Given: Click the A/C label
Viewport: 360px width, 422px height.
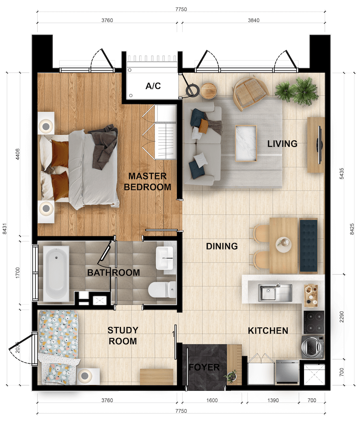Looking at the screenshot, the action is click(x=153, y=86).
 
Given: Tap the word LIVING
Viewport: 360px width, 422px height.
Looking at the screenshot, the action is click(x=282, y=144).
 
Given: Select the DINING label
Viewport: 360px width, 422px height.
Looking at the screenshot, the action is click(x=222, y=246).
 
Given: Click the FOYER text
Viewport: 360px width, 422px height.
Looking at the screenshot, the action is click(x=204, y=367).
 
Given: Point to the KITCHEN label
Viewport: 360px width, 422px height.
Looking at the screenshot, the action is click(x=268, y=331).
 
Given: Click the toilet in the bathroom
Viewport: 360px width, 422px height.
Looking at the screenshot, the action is click(x=162, y=290).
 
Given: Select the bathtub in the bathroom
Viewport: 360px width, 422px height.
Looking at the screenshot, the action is click(x=56, y=273).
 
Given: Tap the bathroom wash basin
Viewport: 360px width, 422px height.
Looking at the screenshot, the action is click(x=164, y=258).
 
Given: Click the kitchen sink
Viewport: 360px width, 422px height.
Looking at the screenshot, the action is click(x=275, y=293).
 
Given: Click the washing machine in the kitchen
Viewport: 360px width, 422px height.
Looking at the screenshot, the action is click(x=313, y=347).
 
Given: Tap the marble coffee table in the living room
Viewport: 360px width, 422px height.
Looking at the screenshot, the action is click(x=246, y=144).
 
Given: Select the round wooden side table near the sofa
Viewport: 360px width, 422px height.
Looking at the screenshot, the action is click(x=209, y=90).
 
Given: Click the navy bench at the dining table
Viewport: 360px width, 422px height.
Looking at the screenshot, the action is click(x=308, y=246).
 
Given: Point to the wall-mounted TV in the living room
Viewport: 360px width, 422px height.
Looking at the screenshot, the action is click(x=319, y=144).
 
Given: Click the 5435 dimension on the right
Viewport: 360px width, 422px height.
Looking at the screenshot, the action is click(x=341, y=174).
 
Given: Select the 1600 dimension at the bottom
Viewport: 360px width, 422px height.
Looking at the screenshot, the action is click(x=212, y=400).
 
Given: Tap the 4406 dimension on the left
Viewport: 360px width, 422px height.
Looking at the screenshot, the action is click(x=17, y=154).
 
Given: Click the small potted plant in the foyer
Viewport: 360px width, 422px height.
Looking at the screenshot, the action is click(x=231, y=376).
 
